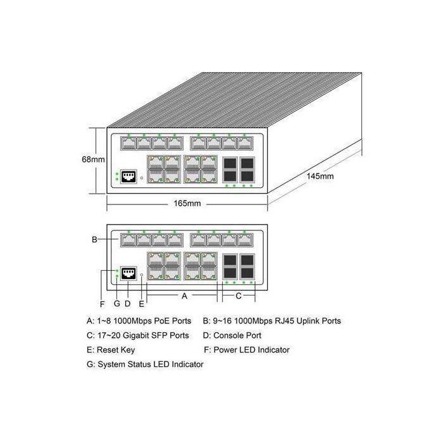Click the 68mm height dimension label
(x=93, y=160)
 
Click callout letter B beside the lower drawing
(x=94, y=240)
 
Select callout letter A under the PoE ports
(x=184, y=296)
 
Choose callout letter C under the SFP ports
(x=239, y=296)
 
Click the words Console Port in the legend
(x=237, y=335)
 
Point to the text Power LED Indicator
(x=251, y=350)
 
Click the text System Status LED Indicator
(x=150, y=365)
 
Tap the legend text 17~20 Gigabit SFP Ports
(x=142, y=335)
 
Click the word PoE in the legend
(x=158, y=321)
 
